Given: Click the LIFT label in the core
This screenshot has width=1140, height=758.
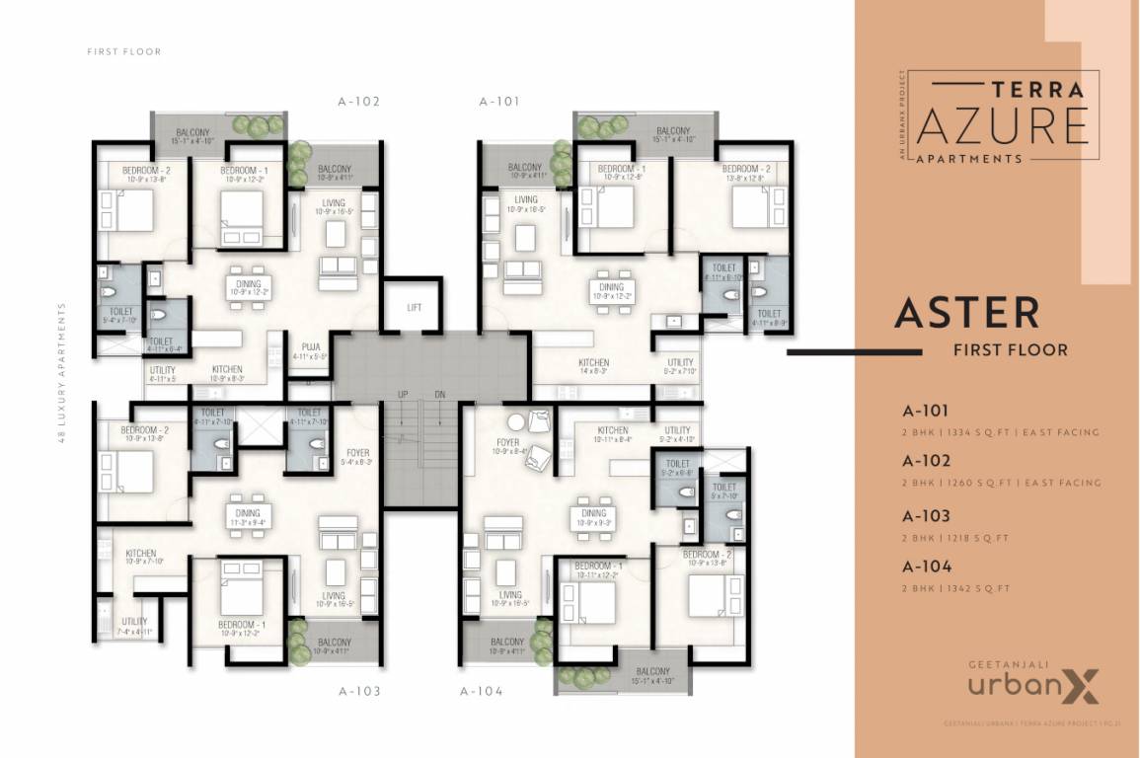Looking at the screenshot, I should (x=415, y=307).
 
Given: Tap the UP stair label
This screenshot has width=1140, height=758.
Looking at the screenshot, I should (x=403, y=394).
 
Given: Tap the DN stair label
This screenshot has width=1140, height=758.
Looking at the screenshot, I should (x=440, y=394).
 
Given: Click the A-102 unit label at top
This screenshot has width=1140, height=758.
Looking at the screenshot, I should (x=358, y=101).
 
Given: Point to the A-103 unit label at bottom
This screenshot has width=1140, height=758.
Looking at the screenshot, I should (x=359, y=692).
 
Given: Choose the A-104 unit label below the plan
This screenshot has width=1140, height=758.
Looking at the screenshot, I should (x=482, y=692).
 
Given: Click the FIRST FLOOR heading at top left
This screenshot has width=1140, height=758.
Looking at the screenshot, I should (x=123, y=51).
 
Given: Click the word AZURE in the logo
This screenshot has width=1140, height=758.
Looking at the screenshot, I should (x=1003, y=125).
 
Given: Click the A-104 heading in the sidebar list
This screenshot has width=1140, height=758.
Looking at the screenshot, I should (x=926, y=568).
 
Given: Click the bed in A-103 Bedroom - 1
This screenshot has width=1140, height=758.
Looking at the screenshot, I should (x=240, y=594).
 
